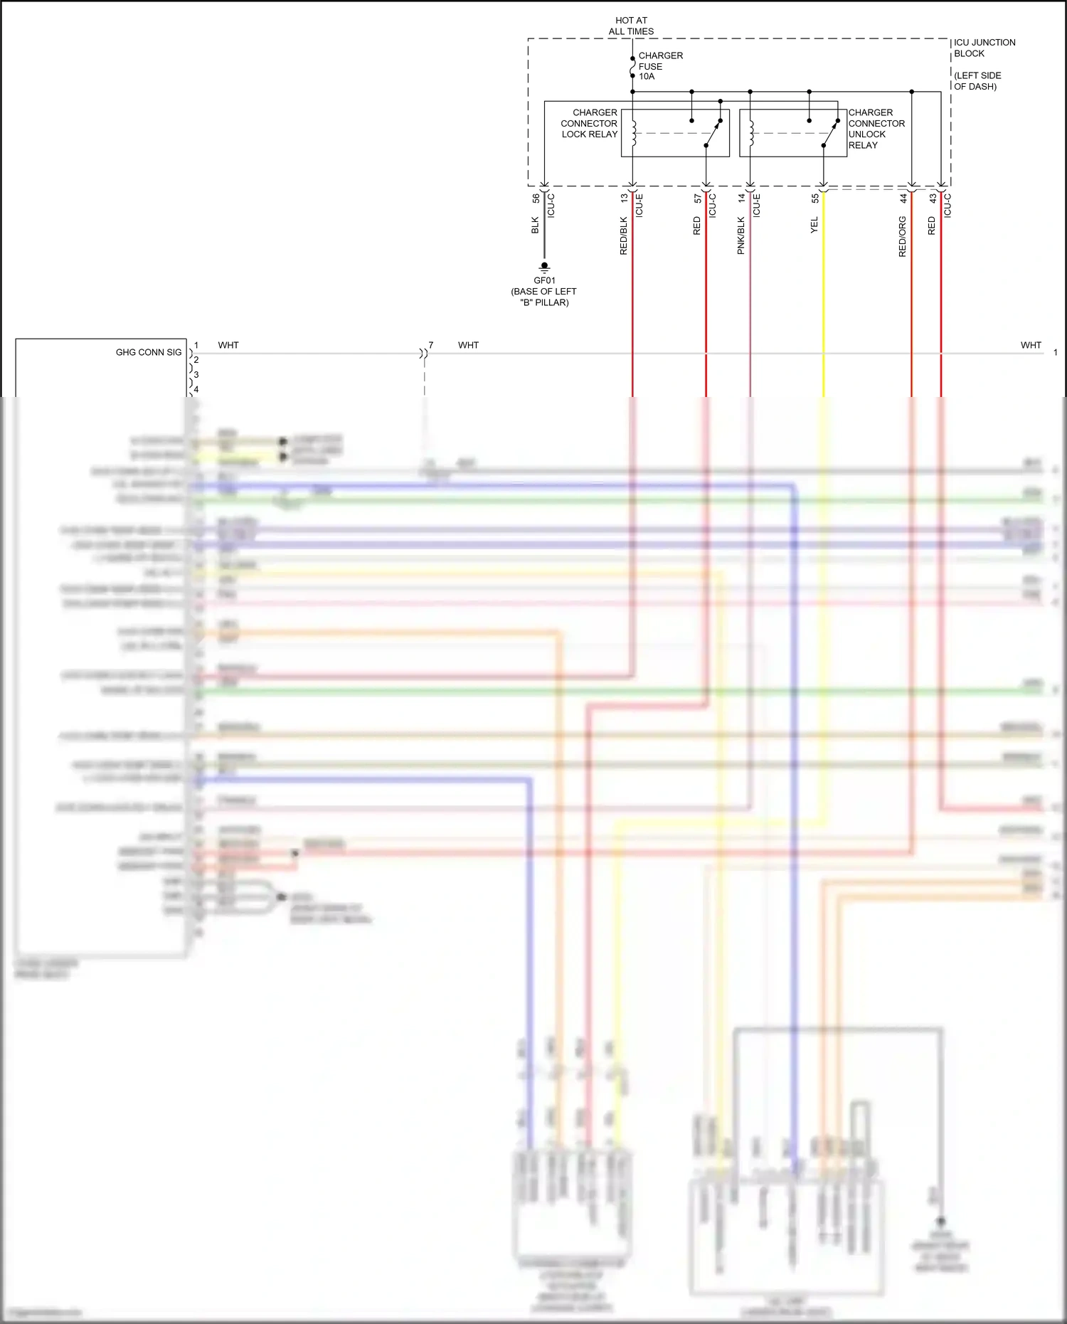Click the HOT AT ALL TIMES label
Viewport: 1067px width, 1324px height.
pos(631,26)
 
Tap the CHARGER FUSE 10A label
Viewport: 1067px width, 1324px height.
pos(659,65)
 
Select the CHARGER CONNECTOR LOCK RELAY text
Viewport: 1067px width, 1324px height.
pos(590,123)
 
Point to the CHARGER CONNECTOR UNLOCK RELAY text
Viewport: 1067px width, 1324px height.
pos(876,129)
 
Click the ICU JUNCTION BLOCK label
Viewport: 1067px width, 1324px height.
pos(984,48)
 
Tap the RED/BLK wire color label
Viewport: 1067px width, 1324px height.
pos(624,235)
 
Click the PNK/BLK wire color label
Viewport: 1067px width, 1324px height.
pos(740,235)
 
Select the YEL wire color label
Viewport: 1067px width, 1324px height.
pos(814,225)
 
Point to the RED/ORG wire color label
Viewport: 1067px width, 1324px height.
pos(902,236)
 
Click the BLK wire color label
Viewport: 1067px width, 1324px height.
pos(535,226)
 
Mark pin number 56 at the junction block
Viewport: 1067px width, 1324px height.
pos(536,199)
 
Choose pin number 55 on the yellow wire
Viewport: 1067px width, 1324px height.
pos(815,199)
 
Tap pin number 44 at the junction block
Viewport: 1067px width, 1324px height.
pos(903,199)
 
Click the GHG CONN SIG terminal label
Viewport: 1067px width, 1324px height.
pos(149,352)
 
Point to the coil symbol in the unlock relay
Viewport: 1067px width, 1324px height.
pos(750,132)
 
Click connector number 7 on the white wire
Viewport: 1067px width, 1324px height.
pos(430,345)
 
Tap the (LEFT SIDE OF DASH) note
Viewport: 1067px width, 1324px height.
pos(977,81)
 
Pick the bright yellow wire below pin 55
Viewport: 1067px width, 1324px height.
pos(824,299)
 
